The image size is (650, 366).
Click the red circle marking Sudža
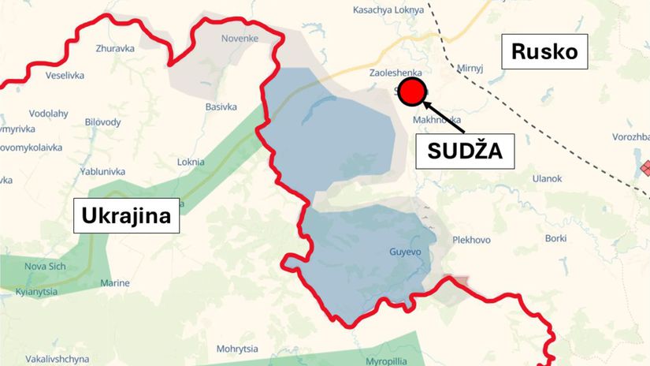[410, 93]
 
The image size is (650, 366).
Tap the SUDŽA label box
[465, 151]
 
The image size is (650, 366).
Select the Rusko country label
[544, 52]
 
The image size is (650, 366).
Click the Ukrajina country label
[126, 215]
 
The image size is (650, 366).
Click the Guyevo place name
[406, 252]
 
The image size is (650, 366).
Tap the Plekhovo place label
[472, 240]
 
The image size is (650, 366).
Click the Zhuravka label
[114, 47]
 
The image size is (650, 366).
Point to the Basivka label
[221, 106]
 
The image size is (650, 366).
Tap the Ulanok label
[546, 179]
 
